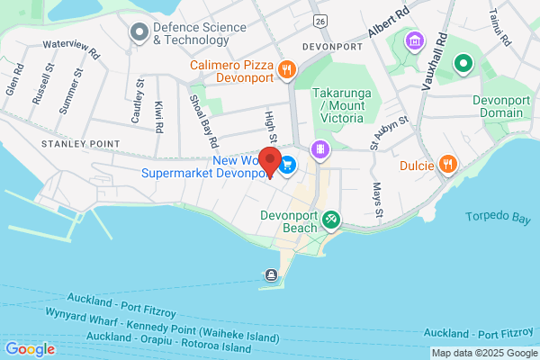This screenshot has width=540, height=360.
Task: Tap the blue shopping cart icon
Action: (x=288, y=165)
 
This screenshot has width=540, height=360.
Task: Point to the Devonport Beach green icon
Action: (x=331, y=218)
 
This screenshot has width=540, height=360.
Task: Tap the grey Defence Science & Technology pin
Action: (x=139, y=33)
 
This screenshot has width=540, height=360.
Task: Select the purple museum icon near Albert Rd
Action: (x=414, y=40)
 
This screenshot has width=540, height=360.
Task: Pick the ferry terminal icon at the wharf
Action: (x=271, y=275)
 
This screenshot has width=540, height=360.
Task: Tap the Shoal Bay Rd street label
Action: (x=202, y=121)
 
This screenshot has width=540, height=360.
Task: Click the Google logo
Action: (x=30, y=349)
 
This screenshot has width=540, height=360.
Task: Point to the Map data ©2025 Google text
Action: (x=483, y=353)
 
